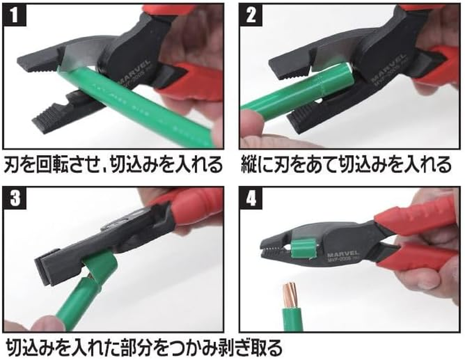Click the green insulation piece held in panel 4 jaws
(x=302, y=249)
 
